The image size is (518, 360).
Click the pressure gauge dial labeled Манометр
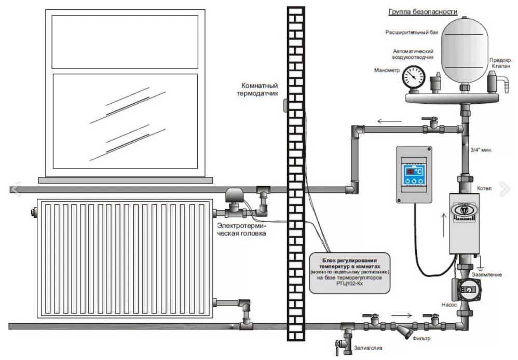413,77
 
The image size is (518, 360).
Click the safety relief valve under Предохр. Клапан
492,82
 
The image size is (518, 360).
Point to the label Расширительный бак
412,32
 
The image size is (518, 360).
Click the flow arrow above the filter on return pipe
400,314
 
